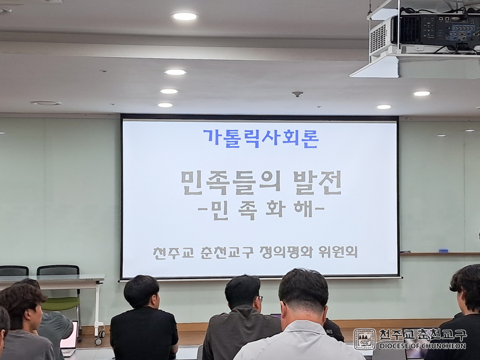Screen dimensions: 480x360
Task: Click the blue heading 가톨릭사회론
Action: tap(260, 139)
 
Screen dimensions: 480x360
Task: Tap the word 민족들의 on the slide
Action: tap(231, 183)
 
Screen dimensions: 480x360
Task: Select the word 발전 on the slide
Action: tap(317, 182)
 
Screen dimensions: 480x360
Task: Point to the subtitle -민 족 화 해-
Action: tap(261, 211)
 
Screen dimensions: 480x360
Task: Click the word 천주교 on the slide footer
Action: tap(173, 253)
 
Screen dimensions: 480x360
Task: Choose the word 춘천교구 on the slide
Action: tap(227, 253)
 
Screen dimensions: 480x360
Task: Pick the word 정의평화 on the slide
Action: tap(286, 252)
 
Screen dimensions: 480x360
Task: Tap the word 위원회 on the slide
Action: tap(338, 252)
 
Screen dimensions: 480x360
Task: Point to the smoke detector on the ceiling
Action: tap(297, 94)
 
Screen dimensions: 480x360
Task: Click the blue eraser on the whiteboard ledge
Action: tap(443, 251)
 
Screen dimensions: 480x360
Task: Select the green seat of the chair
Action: tap(60, 304)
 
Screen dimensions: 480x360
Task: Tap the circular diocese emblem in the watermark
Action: tap(364, 339)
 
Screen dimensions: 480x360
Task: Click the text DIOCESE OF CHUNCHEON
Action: tap(422, 346)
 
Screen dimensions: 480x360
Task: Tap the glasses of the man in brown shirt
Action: tap(259, 298)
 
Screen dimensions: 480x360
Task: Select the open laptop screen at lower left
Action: tap(69, 334)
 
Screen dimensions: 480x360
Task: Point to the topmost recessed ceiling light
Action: tap(185, 16)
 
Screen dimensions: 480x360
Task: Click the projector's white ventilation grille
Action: tap(378, 38)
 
